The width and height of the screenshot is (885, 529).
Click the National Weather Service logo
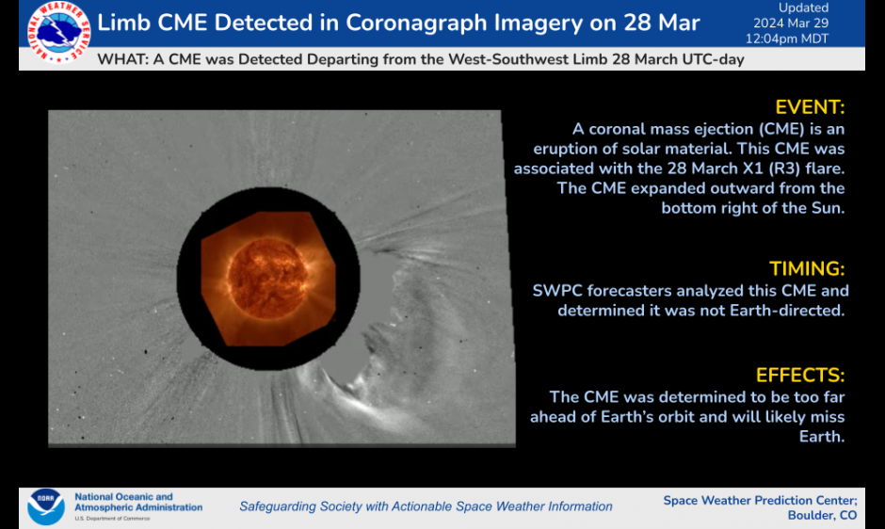59,33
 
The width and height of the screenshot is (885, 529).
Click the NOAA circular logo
46,506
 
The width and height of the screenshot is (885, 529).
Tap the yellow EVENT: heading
810,106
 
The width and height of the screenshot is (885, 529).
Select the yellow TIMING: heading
807,268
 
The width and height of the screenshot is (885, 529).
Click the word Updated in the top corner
803,8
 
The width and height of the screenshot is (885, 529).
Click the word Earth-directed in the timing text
790,310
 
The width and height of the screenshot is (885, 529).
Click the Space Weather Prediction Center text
760,500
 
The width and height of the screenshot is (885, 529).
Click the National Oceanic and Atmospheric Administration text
137,502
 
